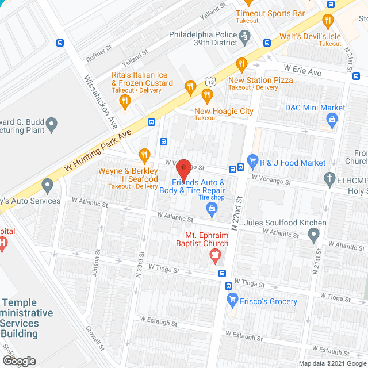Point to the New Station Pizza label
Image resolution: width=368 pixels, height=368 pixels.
pyautogui.click(x=260, y=80)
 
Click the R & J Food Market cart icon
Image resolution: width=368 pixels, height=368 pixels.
pyautogui.click(x=251, y=163)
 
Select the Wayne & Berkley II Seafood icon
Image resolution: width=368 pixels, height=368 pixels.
pyautogui.click(x=144, y=155)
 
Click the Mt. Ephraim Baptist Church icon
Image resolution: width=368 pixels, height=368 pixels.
pyautogui.click(x=216, y=256)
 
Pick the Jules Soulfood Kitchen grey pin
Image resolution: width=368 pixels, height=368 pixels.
pyautogui.click(x=313, y=235)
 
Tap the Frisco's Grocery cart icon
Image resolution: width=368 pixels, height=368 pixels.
pyautogui.click(x=232, y=300)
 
